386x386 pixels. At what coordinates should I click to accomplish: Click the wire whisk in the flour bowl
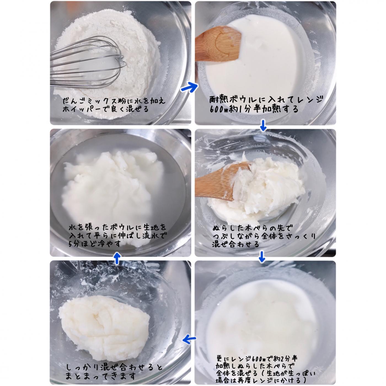pyautogui.click(x=88, y=62)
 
